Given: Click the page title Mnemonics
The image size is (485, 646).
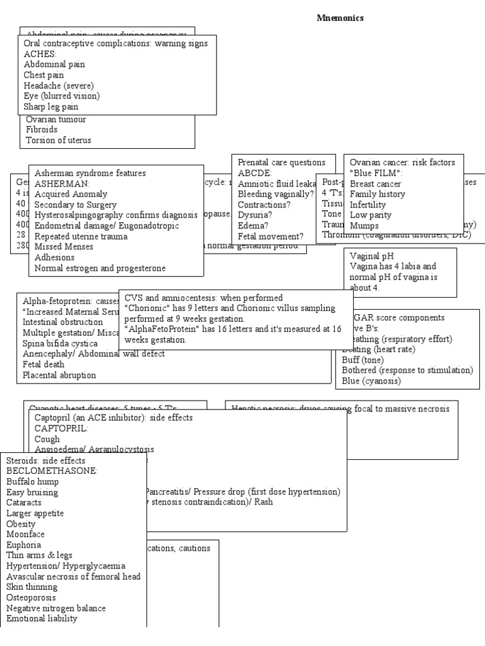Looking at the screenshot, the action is [340, 18].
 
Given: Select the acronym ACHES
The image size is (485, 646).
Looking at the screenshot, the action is [40, 54].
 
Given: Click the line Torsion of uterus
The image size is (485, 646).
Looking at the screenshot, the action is [58, 140].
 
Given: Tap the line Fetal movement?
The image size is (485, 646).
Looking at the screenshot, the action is [270, 237].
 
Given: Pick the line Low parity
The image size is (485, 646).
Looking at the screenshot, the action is [371, 215].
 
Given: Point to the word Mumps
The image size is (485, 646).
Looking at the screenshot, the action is [364, 226].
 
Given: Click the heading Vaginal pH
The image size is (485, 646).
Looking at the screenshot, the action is [371, 255].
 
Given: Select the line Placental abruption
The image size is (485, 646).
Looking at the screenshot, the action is [59, 375].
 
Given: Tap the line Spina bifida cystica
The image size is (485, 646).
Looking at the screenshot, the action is [60, 343].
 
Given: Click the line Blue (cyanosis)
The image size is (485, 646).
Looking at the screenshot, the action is [371, 381].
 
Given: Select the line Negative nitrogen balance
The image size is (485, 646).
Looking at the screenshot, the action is [56, 608].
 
